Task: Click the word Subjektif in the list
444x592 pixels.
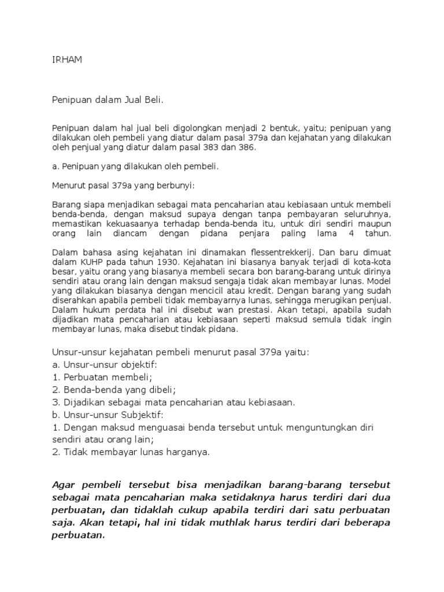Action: point(143,415)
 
